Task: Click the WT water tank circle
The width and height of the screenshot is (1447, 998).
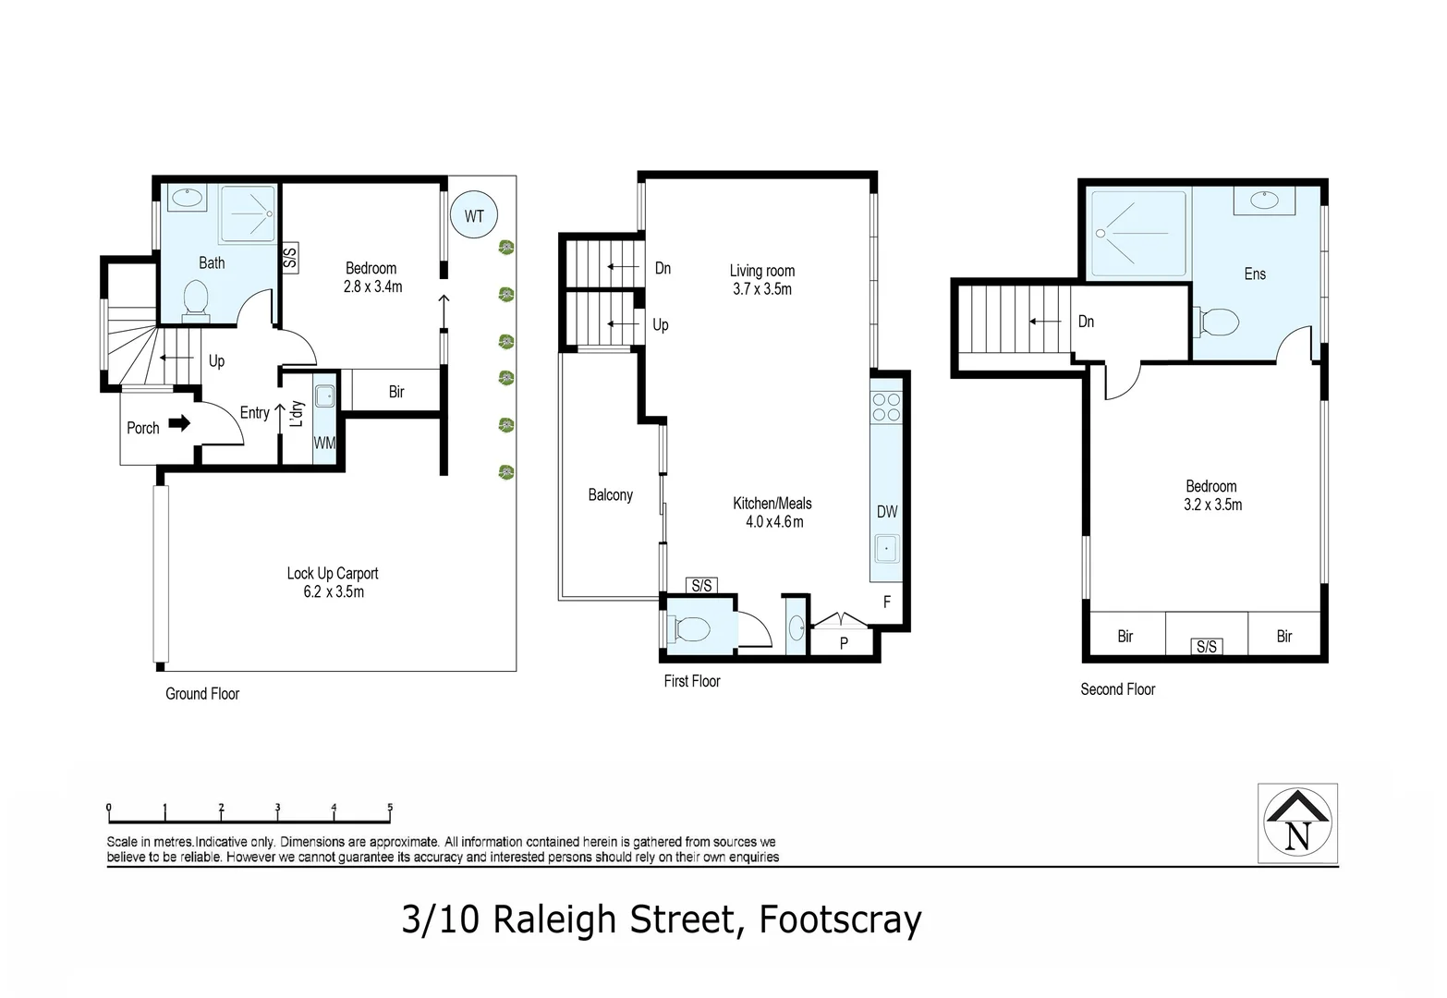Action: click(x=473, y=216)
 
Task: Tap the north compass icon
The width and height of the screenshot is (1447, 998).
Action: click(x=1297, y=823)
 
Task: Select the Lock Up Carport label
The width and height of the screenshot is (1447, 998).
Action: click(x=332, y=574)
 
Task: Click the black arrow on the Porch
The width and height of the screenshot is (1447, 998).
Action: click(x=180, y=423)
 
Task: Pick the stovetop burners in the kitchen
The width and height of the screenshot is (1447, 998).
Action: click(x=886, y=408)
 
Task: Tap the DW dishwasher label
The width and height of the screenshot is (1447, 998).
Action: click(x=886, y=512)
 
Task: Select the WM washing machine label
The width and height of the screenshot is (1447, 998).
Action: click(x=324, y=444)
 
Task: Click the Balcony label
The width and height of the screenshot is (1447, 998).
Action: click(x=610, y=495)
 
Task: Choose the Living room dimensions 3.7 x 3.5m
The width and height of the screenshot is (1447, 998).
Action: click(x=761, y=289)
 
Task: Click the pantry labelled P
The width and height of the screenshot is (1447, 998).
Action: click(x=843, y=642)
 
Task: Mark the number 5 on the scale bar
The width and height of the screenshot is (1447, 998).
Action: click(x=390, y=808)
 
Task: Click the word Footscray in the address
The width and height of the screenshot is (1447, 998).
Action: click(x=840, y=920)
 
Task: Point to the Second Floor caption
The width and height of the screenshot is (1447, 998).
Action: click(x=1117, y=689)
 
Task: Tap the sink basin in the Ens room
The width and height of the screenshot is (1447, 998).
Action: click(x=1263, y=200)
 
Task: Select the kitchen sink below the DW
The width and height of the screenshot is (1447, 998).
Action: click(x=886, y=549)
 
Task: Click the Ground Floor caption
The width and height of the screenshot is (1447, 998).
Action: click(x=201, y=694)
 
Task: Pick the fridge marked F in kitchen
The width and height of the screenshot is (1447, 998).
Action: click(x=886, y=602)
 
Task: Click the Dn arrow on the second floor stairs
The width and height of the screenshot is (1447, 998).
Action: click(x=1045, y=322)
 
